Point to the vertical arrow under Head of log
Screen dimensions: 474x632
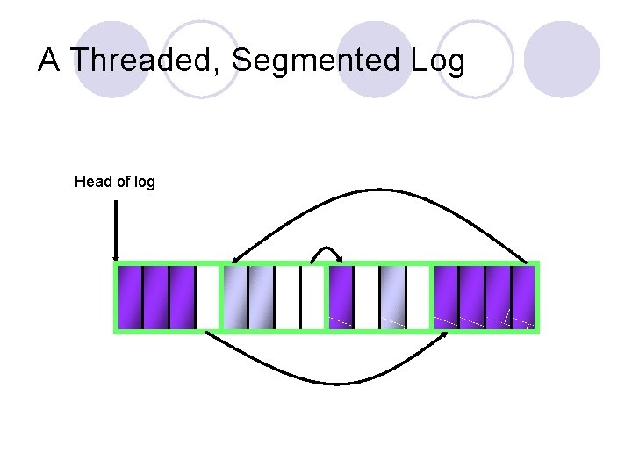coord(116,230)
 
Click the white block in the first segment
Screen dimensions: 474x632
coord(207,298)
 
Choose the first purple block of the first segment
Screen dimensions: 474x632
coord(130,298)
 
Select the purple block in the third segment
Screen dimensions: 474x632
coord(341,298)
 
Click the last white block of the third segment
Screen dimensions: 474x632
coord(418,298)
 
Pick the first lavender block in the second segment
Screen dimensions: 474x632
coord(235,298)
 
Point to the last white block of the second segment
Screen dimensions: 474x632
coord(313,298)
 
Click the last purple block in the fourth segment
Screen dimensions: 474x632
coord(524,298)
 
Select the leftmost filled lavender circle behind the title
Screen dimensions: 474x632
coord(112,57)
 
